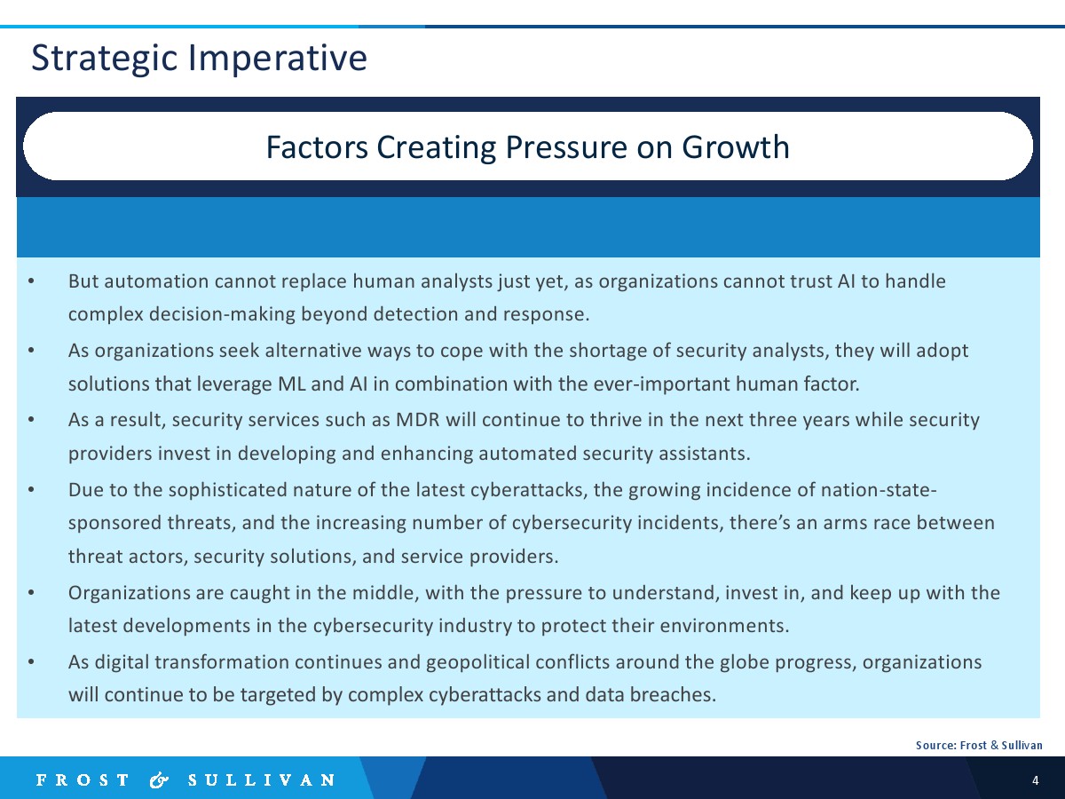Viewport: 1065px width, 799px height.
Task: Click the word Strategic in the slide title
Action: (x=105, y=59)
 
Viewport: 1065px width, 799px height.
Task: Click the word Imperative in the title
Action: (x=278, y=59)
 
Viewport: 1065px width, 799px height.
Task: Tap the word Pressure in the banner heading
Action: (x=567, y=147)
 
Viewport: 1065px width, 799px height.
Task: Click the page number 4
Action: (x=1036, y=780)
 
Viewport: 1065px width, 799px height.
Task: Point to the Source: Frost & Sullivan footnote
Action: (x=979, y=745)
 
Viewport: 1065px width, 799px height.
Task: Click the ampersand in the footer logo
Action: (x=159, y=780)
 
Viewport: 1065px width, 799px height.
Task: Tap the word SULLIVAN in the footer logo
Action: (x=262, y=780)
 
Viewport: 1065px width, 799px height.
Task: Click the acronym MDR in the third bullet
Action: (x=417, y=420)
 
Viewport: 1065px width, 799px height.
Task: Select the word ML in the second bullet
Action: (x=292, y=384)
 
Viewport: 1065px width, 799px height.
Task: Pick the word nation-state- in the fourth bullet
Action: (x=879, y=489)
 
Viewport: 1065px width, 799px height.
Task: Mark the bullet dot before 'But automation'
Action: (x=31, y=281)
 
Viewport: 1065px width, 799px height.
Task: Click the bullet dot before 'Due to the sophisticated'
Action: (x=31, y=489)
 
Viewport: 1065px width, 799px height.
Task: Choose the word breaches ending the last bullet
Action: (x=673, y=695)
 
